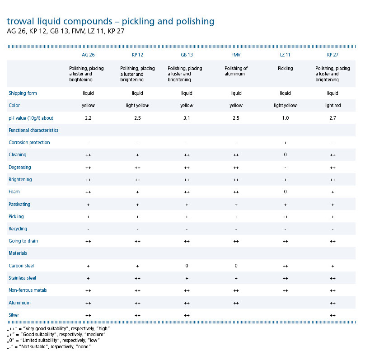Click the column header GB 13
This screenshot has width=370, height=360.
187,55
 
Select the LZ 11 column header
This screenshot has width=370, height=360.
285,55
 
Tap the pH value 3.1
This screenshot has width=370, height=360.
187,118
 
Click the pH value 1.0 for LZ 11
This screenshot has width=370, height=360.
285,118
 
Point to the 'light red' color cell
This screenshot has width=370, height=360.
333,106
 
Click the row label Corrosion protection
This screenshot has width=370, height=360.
29,143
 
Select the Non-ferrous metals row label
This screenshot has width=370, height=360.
28,290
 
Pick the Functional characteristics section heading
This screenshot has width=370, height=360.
33,131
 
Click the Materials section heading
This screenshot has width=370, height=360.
18,253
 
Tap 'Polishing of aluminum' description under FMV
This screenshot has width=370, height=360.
236,71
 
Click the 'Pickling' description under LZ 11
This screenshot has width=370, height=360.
285,69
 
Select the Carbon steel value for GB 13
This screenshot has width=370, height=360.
187,266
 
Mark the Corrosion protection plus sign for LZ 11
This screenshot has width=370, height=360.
285,143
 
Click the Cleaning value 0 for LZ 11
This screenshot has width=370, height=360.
285,155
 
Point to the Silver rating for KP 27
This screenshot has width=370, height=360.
333,315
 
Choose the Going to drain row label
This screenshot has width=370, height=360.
23,241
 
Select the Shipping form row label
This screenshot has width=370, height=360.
23,94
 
